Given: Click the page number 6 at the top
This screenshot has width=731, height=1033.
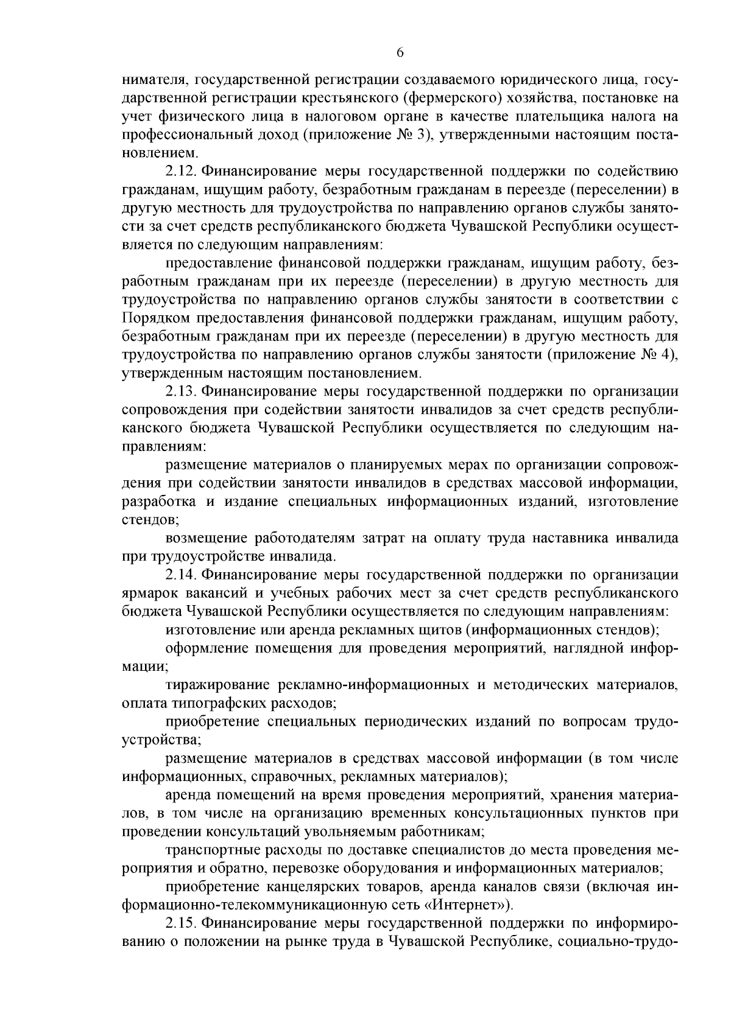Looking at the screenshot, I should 400,52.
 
